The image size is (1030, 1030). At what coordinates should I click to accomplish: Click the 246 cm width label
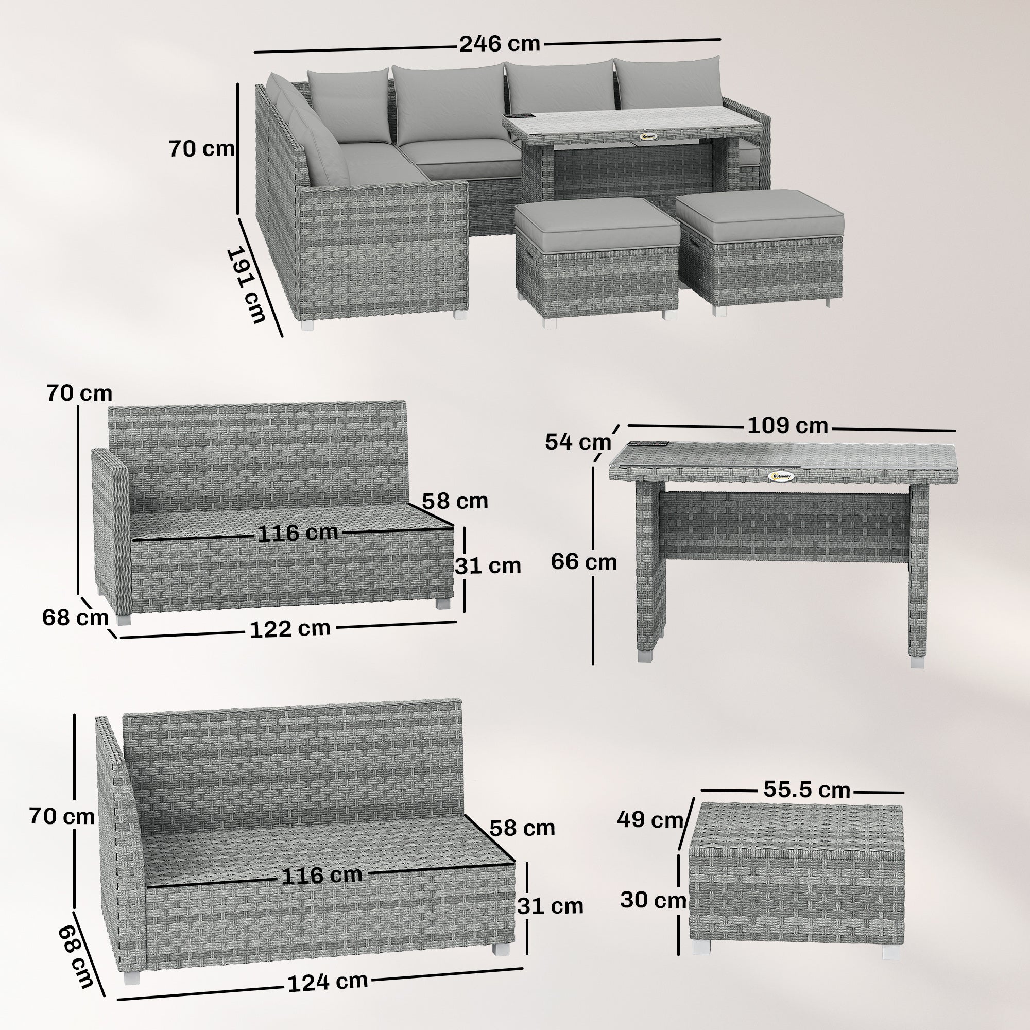500,44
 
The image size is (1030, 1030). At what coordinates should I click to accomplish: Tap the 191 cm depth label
246,285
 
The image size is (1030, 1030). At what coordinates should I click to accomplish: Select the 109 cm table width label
787,425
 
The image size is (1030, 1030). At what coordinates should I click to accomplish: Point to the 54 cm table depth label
577,442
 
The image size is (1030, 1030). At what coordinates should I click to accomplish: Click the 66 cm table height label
584,561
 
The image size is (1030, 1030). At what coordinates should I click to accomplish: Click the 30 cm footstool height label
653,900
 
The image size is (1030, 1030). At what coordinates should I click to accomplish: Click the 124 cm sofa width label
328,982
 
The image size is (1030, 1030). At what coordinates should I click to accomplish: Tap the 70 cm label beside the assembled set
201,149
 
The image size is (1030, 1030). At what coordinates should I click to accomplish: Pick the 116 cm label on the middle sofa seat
298,533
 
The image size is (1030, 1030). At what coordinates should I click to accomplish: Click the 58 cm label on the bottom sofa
522,828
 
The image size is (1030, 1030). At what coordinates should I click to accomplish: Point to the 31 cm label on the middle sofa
487,565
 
